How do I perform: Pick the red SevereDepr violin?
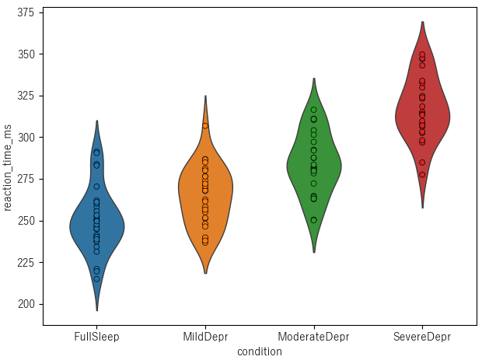(422, 117)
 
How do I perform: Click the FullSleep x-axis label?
(96, 337)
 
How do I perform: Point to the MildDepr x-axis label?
(205, 337)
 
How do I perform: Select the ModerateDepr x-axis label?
(313, 337)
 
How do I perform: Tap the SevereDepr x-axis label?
(422, 337)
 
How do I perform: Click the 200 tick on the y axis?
(27, 304)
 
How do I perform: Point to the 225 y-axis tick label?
(27, 262)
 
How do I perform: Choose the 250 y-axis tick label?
(27, 221)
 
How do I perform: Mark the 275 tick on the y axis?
(27, 179)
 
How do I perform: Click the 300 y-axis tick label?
(27, 138)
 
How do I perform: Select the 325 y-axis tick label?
(27, 96)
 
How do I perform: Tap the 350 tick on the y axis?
(27, 54)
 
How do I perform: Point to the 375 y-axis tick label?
(27, 12)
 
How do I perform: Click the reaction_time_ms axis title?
(8, 166)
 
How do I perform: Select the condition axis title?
(260, 351)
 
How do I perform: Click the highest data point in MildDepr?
(205, 125)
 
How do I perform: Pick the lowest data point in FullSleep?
(96, 278)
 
